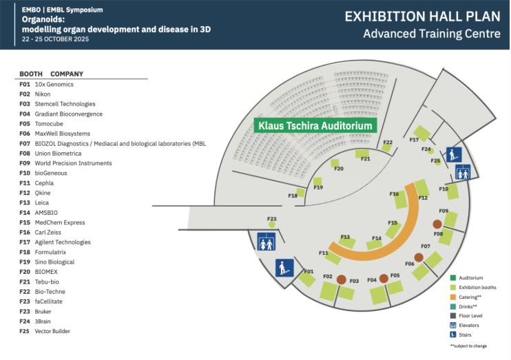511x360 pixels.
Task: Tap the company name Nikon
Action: coord(43,94)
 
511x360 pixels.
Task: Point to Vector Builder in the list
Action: coord(52,331)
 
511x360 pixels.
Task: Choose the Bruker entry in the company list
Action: coord(44,312)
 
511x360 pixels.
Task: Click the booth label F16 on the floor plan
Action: coord(394,194)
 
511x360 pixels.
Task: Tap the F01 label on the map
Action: coord(308,272)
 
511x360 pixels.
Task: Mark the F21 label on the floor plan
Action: coord(365,159)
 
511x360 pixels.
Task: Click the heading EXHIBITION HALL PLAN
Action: coord(423,17)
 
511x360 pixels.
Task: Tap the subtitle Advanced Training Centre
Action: coord(432,33)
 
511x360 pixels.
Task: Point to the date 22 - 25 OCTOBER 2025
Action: coord(55,39)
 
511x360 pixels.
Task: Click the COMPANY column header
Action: coord(67,74)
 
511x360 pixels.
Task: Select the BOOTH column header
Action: coord(30,74)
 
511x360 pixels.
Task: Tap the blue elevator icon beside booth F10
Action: coord(463,173)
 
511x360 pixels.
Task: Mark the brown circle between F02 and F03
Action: coord(341,279)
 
